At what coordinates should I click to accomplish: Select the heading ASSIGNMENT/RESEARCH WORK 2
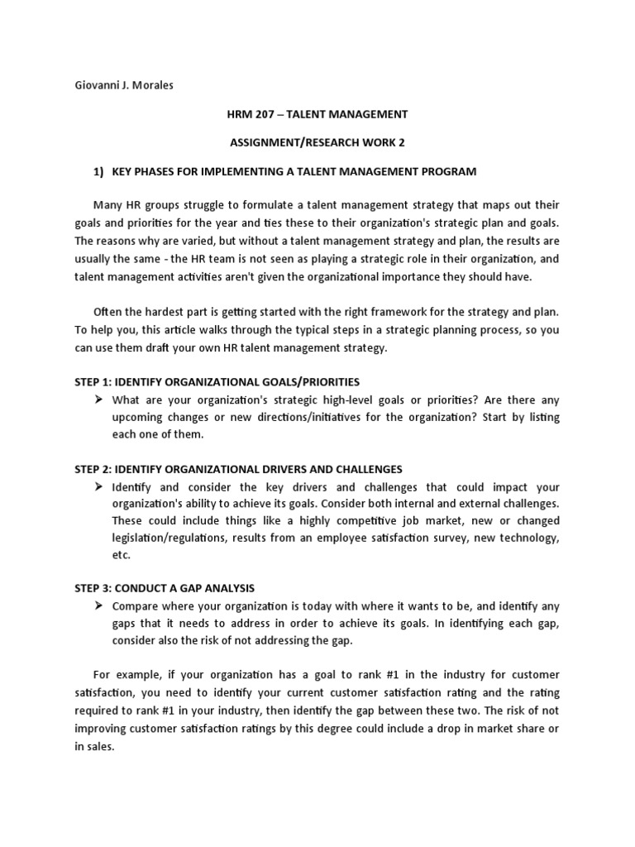pyautogui.click(x=317, y=142)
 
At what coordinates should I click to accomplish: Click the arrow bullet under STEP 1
pyautogui.click(x=98, y=400)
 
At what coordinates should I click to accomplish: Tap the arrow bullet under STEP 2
pyautogui.click(x=98, y=487)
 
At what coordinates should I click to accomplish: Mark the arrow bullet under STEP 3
pyautogui.click(x=98, y=605)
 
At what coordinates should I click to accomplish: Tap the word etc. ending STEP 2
pyautogui.click(x=122, y=556)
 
